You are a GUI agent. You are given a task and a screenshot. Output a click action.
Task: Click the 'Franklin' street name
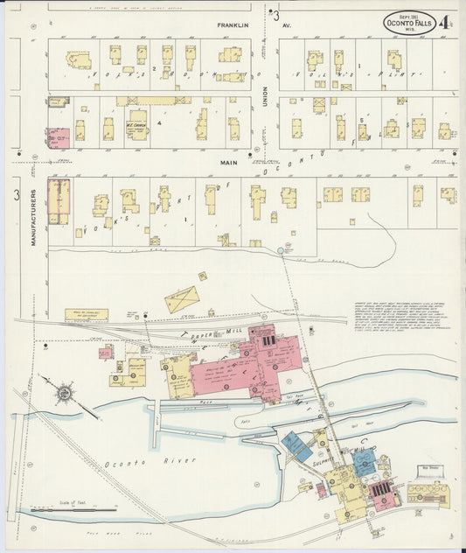point(233,26)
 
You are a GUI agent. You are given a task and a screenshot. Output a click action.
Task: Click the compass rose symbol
point(64,394)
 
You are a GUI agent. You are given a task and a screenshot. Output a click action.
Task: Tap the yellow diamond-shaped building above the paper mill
point(183,299)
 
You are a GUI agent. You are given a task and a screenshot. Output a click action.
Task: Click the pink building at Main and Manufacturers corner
point(59,200)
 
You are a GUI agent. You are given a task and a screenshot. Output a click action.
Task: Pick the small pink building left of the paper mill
point(105,353)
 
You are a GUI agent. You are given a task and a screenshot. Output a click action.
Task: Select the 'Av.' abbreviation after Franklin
point(285,26)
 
